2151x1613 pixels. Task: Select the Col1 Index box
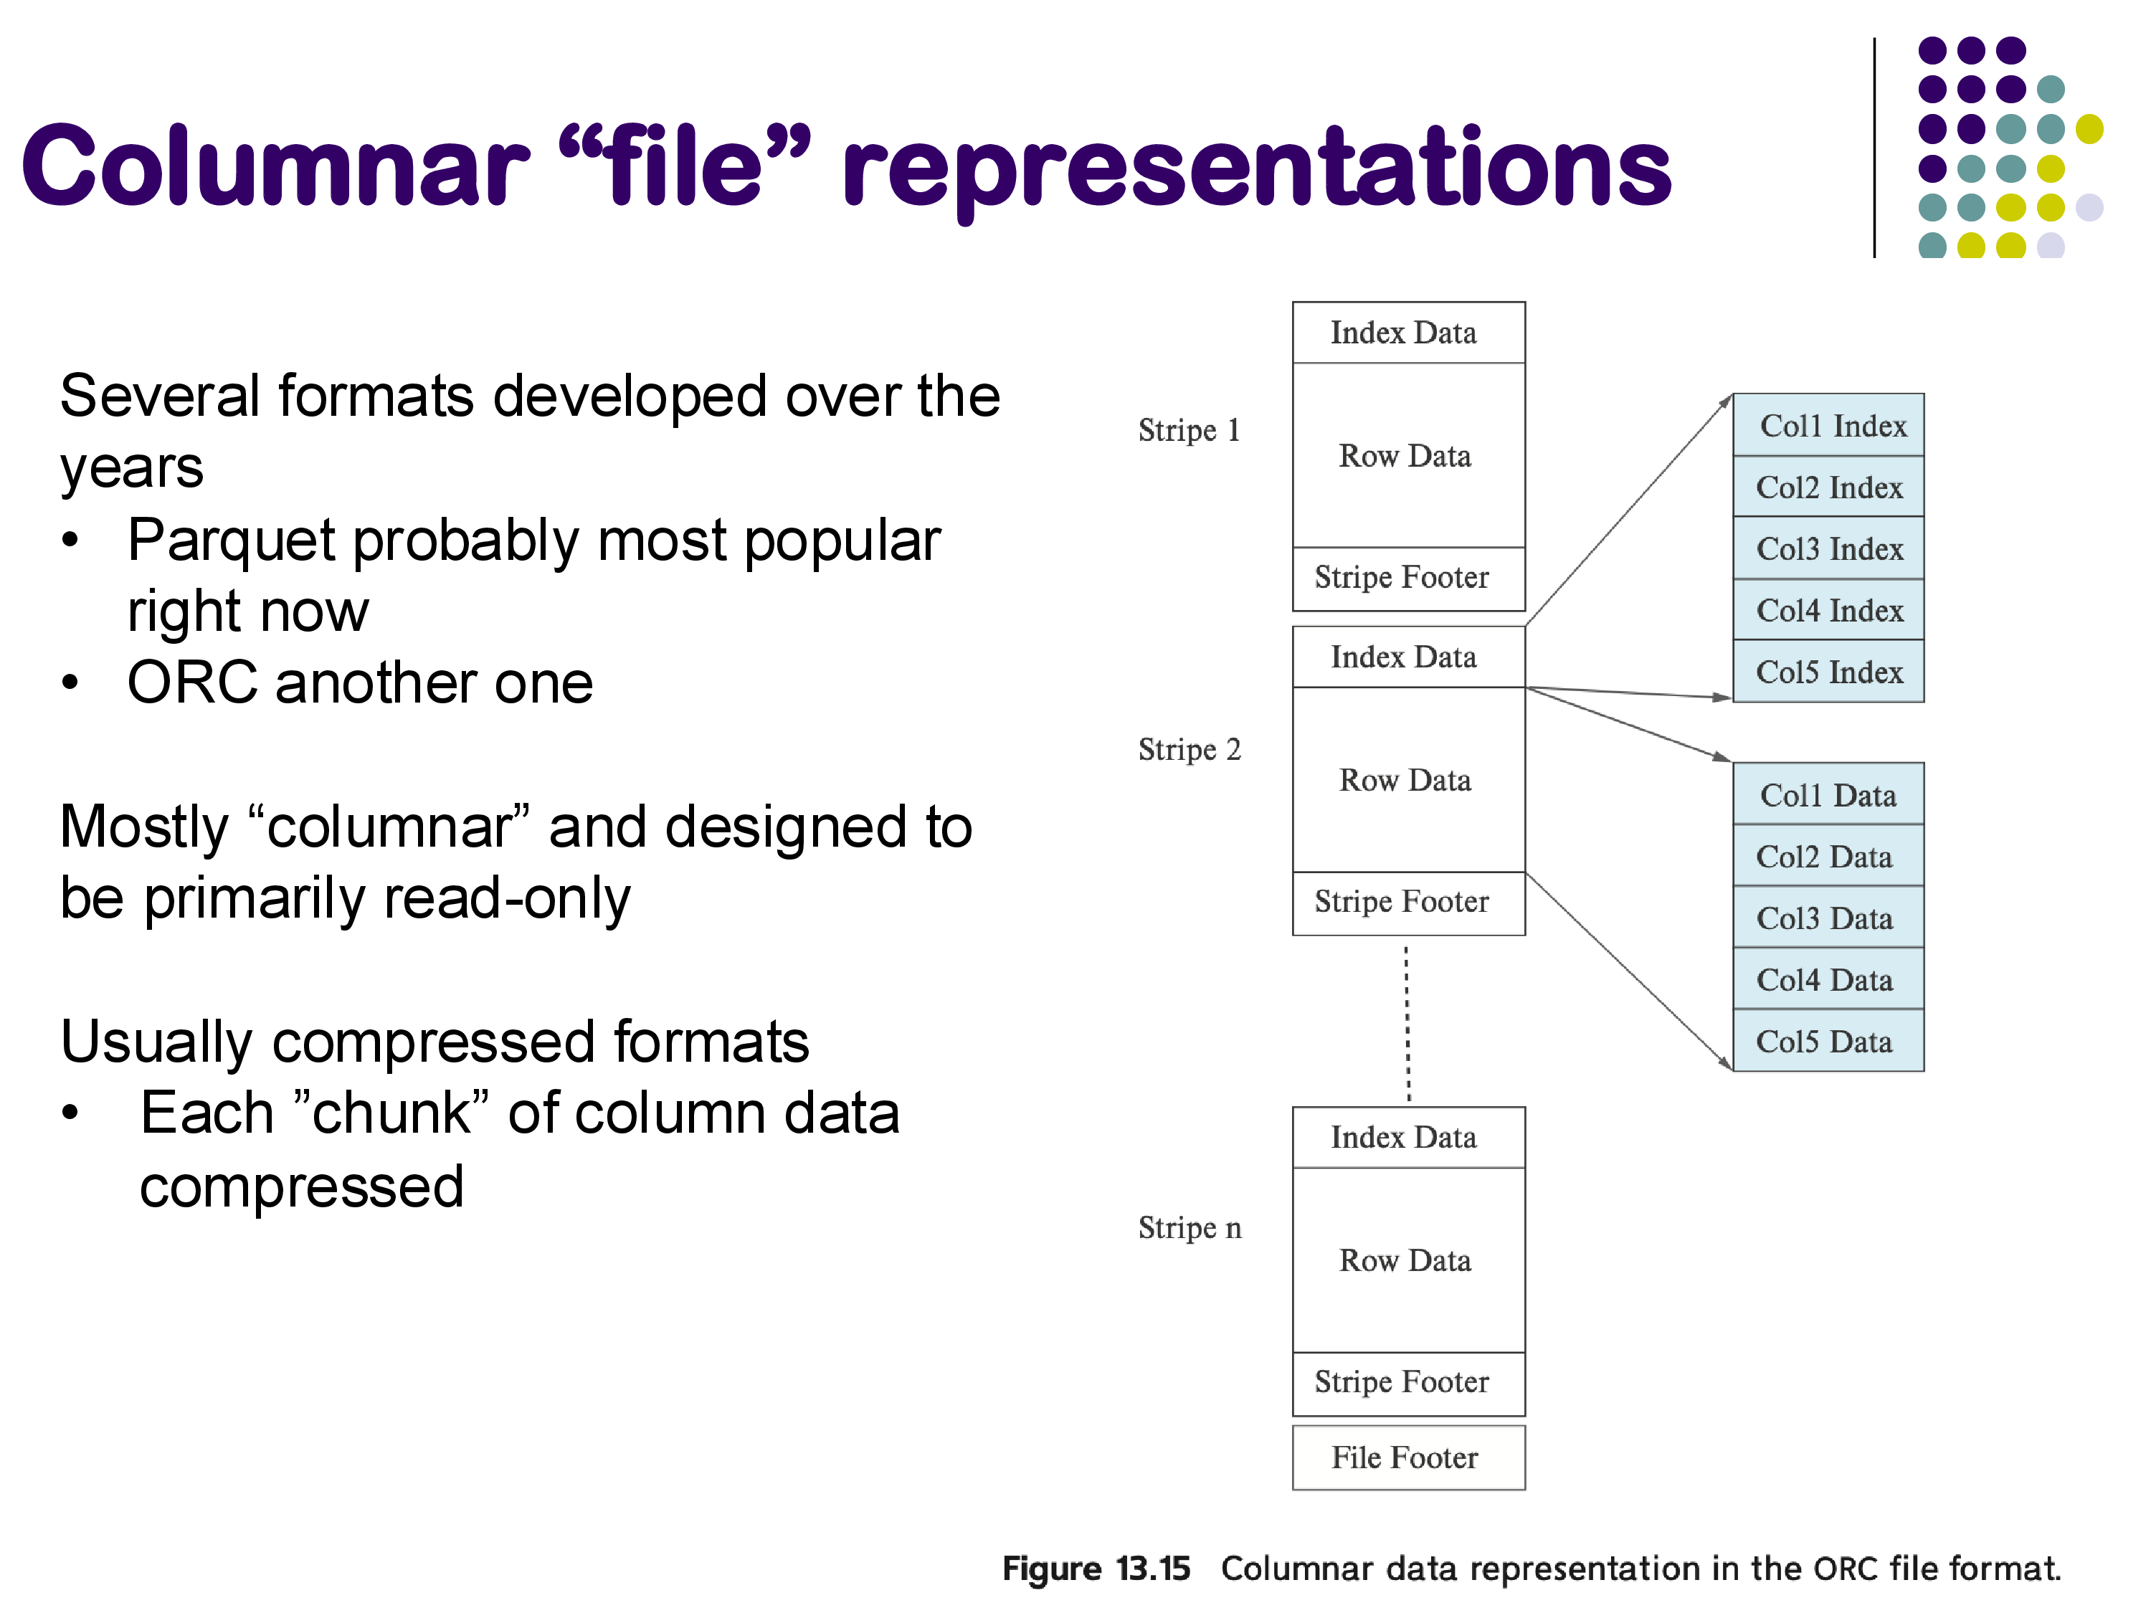click(x=1828, y=426)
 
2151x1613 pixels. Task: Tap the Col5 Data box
click(x=1828, y=1042)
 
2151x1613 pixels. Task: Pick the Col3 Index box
click(x=1828, y=549)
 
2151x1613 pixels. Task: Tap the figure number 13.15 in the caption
click(x=1152, y=1569)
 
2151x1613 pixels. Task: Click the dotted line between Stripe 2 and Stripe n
click(x=1407, y=1022)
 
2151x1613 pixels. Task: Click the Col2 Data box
click(x=1828, y=857)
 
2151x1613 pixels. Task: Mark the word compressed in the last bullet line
click(x=301, y=1187)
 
